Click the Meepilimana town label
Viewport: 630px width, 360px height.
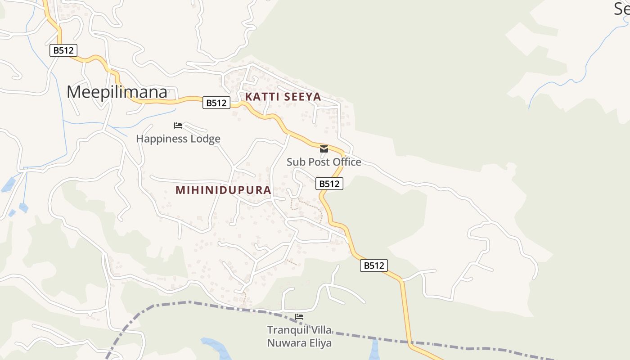pos(117,92)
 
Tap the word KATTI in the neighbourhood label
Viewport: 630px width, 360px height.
pos(261,97)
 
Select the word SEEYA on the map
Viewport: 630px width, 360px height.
pos(301,97)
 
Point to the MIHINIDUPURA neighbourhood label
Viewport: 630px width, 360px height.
pos(223,190)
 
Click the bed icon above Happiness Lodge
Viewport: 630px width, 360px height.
pos(178,125)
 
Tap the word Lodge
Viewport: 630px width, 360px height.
pos(205,139)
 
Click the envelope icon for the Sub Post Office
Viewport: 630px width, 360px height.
pos(324,149)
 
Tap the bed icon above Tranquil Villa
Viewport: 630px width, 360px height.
pos(299,317)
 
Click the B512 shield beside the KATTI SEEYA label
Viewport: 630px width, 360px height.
pos(216,103)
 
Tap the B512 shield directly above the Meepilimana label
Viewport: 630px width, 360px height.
pos(63,50)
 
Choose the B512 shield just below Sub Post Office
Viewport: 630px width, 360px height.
pos(329,184)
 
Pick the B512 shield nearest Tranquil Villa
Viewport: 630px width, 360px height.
pos(374,265)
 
